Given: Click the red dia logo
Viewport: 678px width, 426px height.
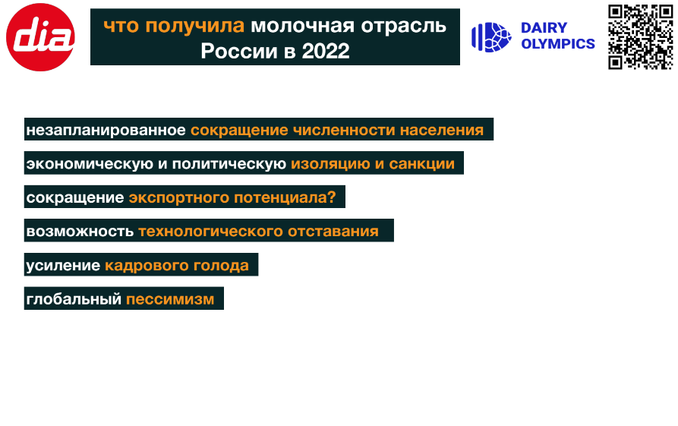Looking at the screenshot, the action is pos(40,37).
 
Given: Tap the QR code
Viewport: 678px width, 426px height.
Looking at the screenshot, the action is pos(640,36).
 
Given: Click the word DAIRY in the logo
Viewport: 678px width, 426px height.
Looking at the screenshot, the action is pos(544,28).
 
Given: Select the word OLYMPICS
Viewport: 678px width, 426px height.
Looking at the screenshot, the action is pos(558,44).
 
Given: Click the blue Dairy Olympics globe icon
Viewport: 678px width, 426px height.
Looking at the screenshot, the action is pos(491,37).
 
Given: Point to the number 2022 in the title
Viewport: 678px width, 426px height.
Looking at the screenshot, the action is pos(326,52).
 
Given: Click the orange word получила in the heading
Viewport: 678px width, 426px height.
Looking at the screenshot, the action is pos(194,27).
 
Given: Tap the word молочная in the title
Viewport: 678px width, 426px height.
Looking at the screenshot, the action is pos(303,27).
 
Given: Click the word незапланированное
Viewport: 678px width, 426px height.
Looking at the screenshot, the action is pos(106,130).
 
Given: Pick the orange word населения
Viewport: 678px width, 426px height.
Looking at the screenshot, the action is pos(441,130).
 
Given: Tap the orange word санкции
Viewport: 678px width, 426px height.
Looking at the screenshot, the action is pos(421,164).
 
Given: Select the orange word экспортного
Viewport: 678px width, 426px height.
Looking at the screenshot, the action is pos(179,197).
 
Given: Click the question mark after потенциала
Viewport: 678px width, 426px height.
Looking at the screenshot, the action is pos(331,197).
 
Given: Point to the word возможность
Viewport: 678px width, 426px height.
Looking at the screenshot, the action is pos(80,232).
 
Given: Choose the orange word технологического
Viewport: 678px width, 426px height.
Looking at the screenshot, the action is pos(210,232).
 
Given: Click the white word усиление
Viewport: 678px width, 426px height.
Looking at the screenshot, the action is pos(63,265).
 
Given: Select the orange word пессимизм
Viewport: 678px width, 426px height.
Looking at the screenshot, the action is pos(170,299).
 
